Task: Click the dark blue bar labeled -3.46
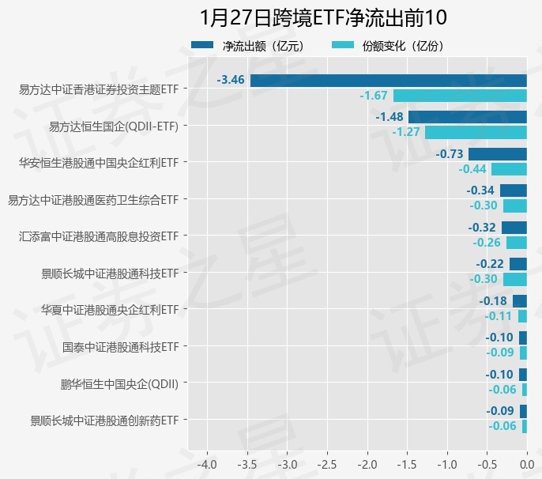coord(388,80)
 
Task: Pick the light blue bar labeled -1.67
coord(460,96)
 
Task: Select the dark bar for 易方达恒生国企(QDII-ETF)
coord(467,117)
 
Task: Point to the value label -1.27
coord(405,132)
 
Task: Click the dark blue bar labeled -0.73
coord(497,153)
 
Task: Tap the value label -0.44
coord(472,169)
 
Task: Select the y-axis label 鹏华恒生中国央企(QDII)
coord(119,384)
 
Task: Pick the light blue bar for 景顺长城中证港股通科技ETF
coord(514,279)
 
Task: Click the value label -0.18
coord(494,300)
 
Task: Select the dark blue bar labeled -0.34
coord(513,190)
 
